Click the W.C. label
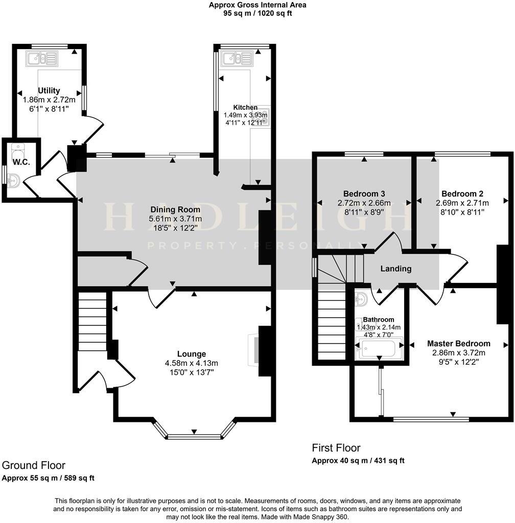[x=21, y=162]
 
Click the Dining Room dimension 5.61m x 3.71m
[x=175, y=219]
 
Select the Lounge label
[x=192, y=354]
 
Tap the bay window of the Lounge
[x=194, y=436]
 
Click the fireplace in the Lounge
[x=254, y=350]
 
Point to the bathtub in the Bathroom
[x=379, y=350]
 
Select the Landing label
[x=396, y=269]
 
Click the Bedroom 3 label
[x=364, y=194]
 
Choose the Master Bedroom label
[x=458, y=344]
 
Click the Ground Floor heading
[x=34, y=465]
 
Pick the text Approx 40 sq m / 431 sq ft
[x=358, y=461]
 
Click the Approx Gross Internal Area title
[x=257, y=5]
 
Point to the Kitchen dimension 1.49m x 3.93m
[x=245, y=115]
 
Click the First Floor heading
[x=336, y=448]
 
